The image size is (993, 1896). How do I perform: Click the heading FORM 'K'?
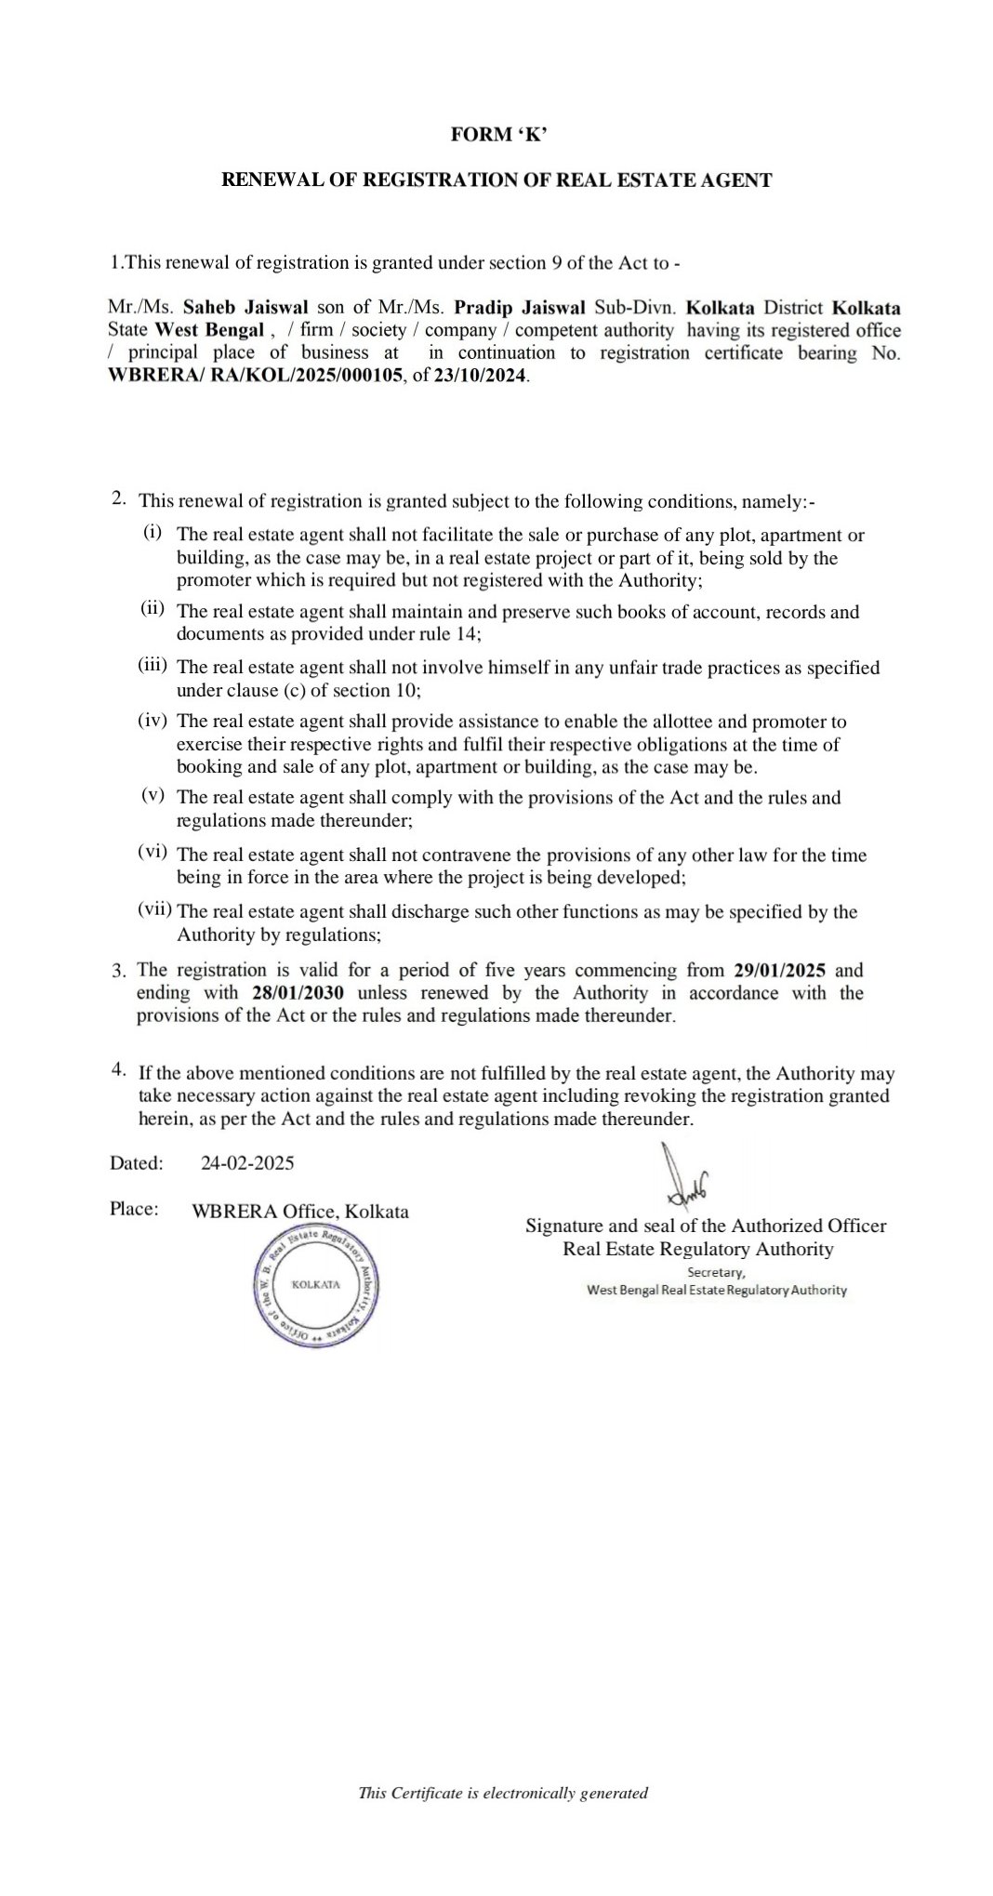[x=498, y=135]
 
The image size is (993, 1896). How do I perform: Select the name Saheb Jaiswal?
[x=246, y=308]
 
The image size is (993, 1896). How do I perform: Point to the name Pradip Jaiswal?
[x=519, y=308]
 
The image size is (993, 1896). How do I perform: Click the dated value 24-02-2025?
[x=247, y=1162]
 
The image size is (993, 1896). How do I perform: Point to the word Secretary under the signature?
[x=715, y=1272]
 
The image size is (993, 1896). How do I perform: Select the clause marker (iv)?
[x=153, y=720]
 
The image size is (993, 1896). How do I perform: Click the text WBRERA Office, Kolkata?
[x=299, y=1212]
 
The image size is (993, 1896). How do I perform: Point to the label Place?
[x=134, y=1209]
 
